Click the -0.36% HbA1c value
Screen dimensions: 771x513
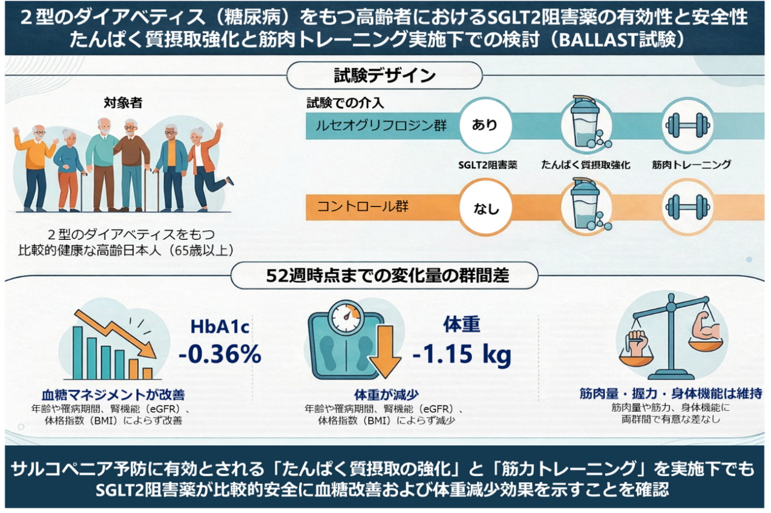tap(220, 354)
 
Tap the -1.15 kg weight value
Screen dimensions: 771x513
tap(462, 354)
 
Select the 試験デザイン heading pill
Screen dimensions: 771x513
tap(384, 75)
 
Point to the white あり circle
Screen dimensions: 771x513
tap(485, 125)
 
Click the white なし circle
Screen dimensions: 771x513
tap(486, 208)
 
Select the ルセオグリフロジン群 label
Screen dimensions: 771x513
tap(381, 125)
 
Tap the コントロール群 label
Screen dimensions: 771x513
tap(363, 207)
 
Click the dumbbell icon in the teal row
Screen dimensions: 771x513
tap(688, 125)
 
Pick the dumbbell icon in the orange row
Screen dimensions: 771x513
tap(688, 207)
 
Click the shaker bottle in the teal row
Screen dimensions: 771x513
tap(589, 122)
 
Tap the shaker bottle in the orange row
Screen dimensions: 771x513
tap(589, 204)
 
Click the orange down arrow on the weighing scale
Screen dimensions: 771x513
tap(385, 351)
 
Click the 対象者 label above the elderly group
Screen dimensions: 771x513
tap(123, 103)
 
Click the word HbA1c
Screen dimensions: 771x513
tap(220, 327)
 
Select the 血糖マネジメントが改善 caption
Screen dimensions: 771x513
tap(113, 395)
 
